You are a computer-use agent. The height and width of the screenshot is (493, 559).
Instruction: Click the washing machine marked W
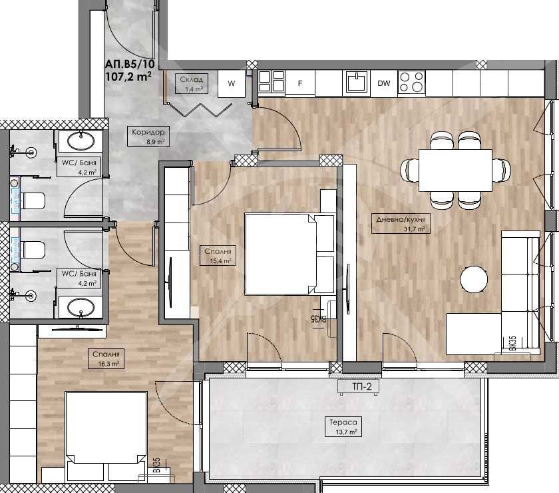(231, 83)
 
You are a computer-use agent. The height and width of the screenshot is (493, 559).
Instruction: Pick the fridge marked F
(300, 83)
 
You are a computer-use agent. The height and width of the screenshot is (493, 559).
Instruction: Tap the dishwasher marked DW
(384, 83)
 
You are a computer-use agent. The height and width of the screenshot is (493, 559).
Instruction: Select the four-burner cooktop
(412, 82)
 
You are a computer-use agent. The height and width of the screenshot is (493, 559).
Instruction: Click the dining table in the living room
(455, 169)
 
